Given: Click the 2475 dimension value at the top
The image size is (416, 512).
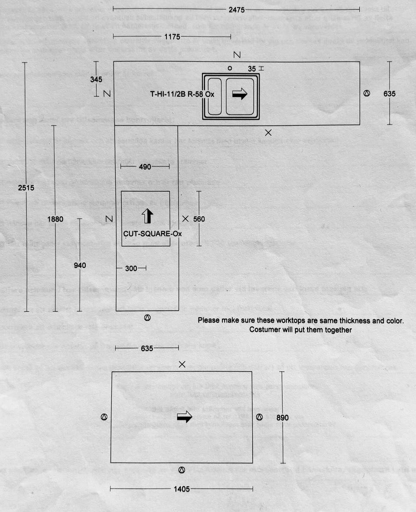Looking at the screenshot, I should (x=237, y=10).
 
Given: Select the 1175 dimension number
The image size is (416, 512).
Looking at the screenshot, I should (x=172, y=37).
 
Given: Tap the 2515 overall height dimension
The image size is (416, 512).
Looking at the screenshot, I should (x=26, y=188).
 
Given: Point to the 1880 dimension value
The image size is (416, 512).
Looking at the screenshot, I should (x=55, y=219).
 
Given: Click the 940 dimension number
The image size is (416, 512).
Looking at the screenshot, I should (x=80, y=265).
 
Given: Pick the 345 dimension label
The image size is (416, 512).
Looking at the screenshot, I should (x=97, y=79).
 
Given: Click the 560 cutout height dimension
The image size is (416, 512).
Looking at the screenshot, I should (x=199, y=219).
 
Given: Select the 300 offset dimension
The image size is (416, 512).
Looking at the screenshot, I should (x=131, y=269).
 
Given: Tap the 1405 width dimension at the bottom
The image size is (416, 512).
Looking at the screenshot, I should (x=182, y=489).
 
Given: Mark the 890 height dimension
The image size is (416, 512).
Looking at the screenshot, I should (x=282, y=417).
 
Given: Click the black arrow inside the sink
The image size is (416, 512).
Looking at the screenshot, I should (x=239, y=94).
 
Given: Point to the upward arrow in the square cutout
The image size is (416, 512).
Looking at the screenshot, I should (x=148, y=215).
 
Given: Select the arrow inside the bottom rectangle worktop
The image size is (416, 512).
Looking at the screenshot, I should (x=185, y=417).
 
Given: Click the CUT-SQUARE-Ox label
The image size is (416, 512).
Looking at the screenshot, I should (x=152, y=234).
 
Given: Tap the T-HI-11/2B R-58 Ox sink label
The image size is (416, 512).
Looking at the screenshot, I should (x=182, y=94).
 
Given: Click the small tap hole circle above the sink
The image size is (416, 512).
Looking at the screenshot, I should (x=230, y=68).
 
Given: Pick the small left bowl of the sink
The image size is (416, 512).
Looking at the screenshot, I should (x=214, y=96).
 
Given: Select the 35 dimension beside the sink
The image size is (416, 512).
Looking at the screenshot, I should (x=252, y=68).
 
